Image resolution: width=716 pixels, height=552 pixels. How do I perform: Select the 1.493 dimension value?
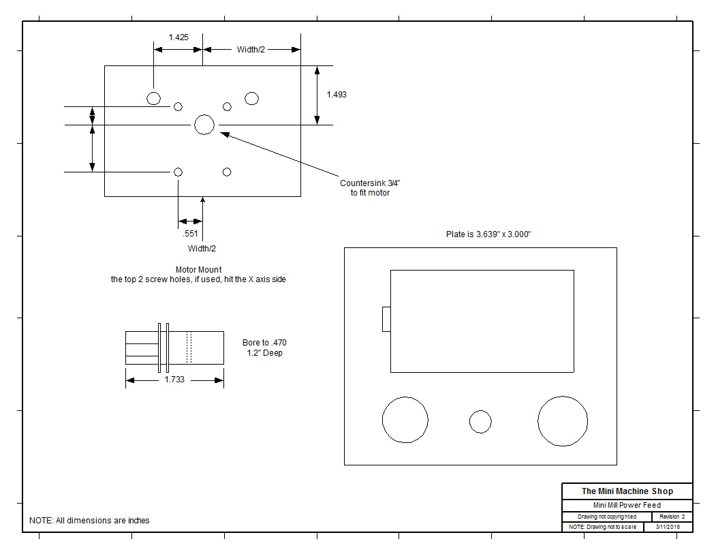(x=336, y=95)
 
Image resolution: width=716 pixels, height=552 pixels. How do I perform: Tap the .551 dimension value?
(x=191, y=234)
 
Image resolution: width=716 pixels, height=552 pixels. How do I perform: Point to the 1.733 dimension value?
(x=174, y=380)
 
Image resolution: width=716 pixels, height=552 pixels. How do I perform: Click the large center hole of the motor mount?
(x=204, y=124)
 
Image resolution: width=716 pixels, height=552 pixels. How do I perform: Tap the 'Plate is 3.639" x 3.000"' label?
(x=488, y=234)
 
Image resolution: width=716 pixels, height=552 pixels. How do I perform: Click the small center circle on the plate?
(x=480, y=421)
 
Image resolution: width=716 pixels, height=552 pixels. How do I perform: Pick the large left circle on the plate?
(x=405, y=420)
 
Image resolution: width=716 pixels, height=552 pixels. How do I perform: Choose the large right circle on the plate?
(x=563, y=421)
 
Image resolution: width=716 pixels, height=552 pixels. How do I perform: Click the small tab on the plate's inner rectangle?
(x=386, y=319)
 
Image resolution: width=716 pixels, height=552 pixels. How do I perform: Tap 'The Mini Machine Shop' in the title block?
(x=627, y=491)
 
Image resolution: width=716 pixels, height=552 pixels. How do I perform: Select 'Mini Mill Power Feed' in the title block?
(x=627, y=506)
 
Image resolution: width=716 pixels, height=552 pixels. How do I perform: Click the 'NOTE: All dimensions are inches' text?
(x=89, y=521)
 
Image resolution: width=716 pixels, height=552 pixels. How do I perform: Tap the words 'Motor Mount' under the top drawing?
(x=198, y=270)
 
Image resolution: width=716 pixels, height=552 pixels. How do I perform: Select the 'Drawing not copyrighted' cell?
(x=606, y=517)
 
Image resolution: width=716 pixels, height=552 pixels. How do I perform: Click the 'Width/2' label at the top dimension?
(x=251, y=50)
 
